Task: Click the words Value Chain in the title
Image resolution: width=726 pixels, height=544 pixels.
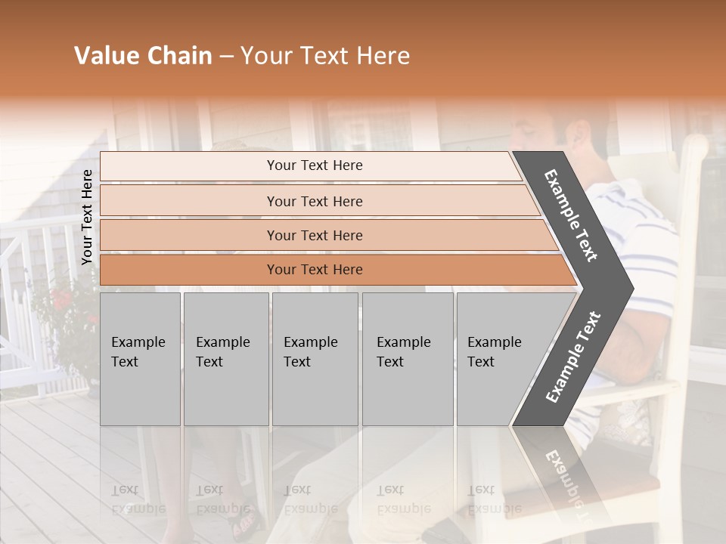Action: [x=143, y=56]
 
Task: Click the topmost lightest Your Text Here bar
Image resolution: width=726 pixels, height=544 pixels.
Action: [x=314, y=165]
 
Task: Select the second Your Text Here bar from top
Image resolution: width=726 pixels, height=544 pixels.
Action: [x=314, y=201]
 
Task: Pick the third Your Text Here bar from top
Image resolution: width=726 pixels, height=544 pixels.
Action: [x=314, y=235]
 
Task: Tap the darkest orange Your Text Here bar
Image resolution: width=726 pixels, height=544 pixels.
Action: [x=314, y=270]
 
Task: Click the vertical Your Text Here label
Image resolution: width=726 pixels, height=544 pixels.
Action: [x=87, y=217]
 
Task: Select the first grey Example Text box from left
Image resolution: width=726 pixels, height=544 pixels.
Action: [x=140, y=358]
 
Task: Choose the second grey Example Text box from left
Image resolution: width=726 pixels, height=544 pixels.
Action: [x=225, y=358]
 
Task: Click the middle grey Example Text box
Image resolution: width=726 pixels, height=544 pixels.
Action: [x=314, y=358]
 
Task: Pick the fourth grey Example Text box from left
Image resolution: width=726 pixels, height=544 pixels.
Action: [x=407, y=358]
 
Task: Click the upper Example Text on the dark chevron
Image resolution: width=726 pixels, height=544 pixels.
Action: [x=571, y=215]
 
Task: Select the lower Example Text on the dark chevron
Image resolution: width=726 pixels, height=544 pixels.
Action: [x=573, y=357]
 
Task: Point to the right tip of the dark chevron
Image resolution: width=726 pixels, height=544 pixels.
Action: [x=631, y=288]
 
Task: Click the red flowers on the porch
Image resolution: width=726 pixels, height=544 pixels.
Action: [x=64, y=299]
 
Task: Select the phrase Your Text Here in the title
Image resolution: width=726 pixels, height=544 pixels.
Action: [x=325, y=56]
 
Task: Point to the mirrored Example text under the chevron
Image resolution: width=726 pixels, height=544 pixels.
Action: [x=563, y=484]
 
